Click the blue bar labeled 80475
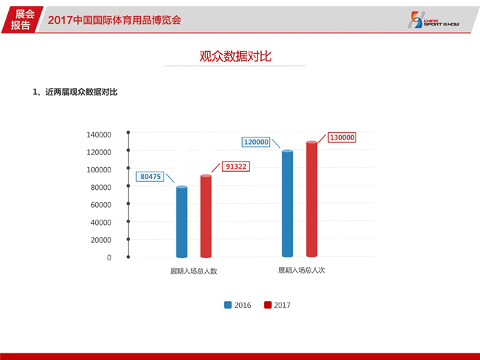point(182,222)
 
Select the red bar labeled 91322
point(206,216)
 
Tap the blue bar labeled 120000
point(287,203)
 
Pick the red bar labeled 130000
point(311,199)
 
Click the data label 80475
point(151,177)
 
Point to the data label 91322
point(236,167)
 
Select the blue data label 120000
point(256,142)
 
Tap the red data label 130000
point(342,137)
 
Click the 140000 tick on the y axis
point(99,135)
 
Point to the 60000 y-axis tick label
point(100,205)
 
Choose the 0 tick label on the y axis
point(109,257)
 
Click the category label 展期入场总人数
point(193,271)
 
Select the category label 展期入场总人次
point(302,270)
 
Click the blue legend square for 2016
point(228,305)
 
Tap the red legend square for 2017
point(268,305)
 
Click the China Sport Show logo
point(433,20)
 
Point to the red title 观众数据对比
point(236,56)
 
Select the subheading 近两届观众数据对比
point(81,92)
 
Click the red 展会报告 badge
point(22,20)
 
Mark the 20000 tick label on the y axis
point(100,240)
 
